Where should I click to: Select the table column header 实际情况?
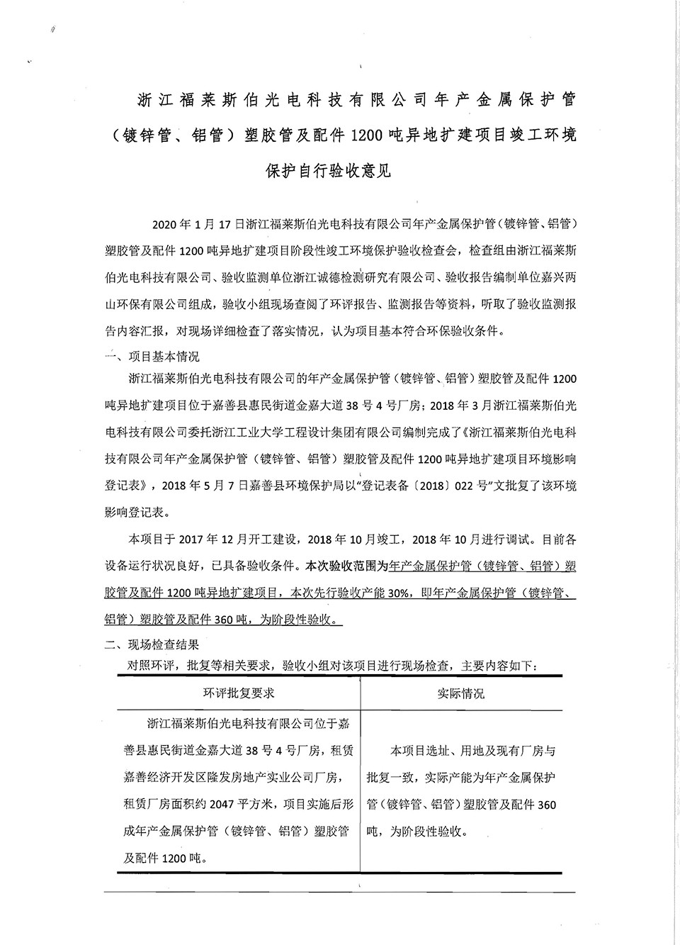[x=461, y=693]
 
